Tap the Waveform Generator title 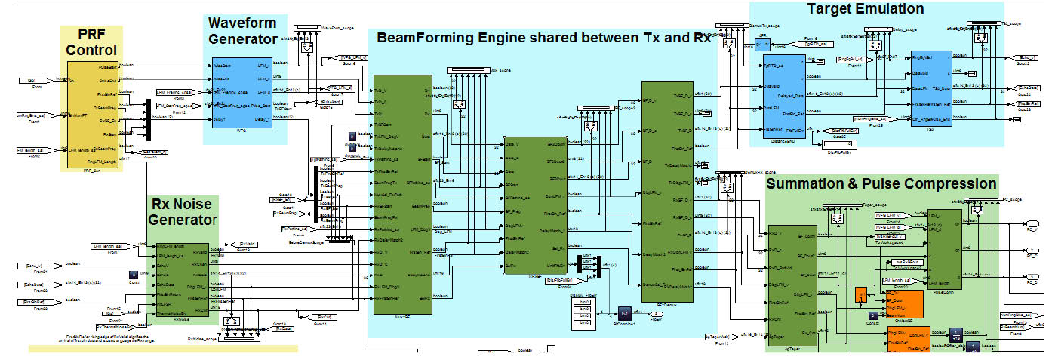click(243, 30)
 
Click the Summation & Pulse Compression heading click(881, 183)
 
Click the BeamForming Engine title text click(543, 38)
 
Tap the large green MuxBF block click(403, 192)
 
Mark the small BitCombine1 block click(624, 312)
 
